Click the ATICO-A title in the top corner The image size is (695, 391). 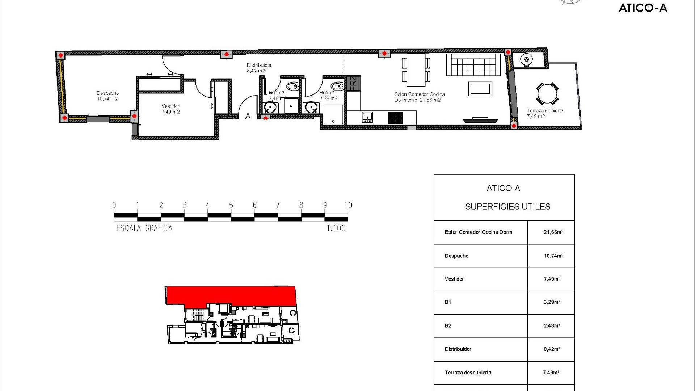point(643,8)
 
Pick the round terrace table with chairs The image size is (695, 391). point(547,94)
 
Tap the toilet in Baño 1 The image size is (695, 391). point(337,87)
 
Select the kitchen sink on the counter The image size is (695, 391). point(367,117)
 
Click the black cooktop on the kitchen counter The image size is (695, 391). point(395,118)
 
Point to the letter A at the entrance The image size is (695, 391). point(248,116)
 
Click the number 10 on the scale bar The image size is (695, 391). point(348,205)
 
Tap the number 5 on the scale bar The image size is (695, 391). point(231,205)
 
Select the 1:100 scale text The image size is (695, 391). point(336,228)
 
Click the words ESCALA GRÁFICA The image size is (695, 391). point(144,228)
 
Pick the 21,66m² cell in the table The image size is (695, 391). point(553,232)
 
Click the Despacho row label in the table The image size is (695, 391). point(456,256)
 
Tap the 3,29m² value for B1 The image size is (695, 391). point(552,302)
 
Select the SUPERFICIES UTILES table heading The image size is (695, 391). point(507,207)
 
